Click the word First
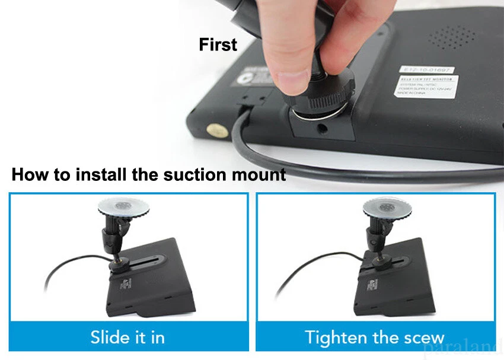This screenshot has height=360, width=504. [218, 45]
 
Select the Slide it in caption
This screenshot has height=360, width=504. [127, 337]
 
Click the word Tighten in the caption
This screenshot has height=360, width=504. [335, 337]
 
